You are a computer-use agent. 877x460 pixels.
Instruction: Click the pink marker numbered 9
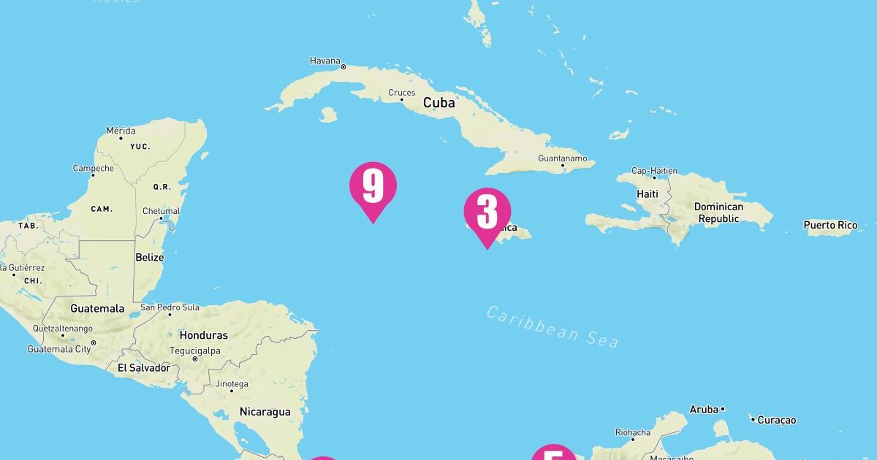(x=373, y=187)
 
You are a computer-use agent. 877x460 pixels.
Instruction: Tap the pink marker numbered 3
(x=487, y=213)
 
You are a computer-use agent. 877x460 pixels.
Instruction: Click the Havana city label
(x=324, y=61)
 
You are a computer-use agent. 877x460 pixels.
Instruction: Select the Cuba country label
(x=438, y=103)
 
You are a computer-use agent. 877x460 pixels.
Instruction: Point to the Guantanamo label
(x=562, y=158)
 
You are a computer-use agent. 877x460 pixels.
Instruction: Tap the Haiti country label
(x=648, y=194)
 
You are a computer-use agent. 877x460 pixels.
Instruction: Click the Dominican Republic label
(x=718, y=212)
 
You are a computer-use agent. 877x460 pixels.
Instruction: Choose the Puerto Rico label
(x=830, y=225)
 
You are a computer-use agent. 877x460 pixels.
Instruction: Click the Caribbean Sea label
(x=553, y=326)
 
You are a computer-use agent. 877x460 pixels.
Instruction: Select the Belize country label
(x=150, y=258)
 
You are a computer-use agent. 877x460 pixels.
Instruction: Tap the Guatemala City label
(x=59, y=349)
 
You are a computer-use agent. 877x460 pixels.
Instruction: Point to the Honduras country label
(x=204, y=336)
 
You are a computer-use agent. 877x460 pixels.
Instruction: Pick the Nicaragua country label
(x=265, y=412)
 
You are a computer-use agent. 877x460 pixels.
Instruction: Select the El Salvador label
(x=144, y=368)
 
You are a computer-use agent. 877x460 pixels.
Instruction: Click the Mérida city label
(x=121, y=131)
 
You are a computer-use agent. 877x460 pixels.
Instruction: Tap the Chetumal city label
(x=161, y=211)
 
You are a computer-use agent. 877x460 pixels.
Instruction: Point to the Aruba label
(x=704, y=410)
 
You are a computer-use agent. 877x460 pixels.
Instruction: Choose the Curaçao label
(x=776, y=420)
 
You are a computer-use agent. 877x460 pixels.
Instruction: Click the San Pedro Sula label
(x=170, y=307)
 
